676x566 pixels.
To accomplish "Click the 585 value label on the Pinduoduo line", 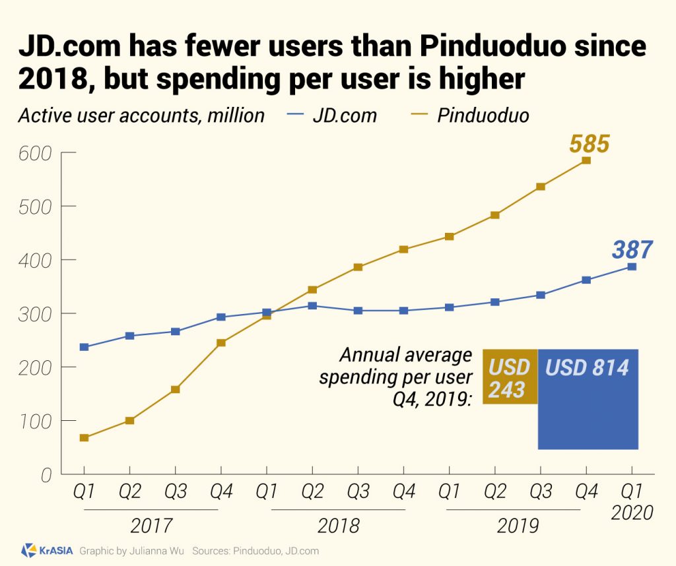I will [x=589, y=143].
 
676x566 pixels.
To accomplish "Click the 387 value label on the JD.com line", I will [x=632, y=250].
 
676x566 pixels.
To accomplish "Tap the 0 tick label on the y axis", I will [x=46, y=474].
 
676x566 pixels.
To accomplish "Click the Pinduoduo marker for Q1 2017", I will [x=84, y=437].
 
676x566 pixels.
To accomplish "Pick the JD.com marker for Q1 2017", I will [x=84, y=347].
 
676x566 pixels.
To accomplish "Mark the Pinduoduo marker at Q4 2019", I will [x=586, y=161].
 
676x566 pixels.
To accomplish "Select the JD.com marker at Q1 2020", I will [x=632, y=267].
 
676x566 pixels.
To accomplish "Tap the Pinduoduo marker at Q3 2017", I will [x=175, y=389].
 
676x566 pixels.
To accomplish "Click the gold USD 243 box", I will [x=510, y=377].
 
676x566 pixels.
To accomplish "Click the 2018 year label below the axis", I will [x=338, y=526].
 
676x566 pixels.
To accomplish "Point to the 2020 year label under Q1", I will [x=632, y=513].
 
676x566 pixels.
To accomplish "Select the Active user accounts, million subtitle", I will [x=141, y=115].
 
